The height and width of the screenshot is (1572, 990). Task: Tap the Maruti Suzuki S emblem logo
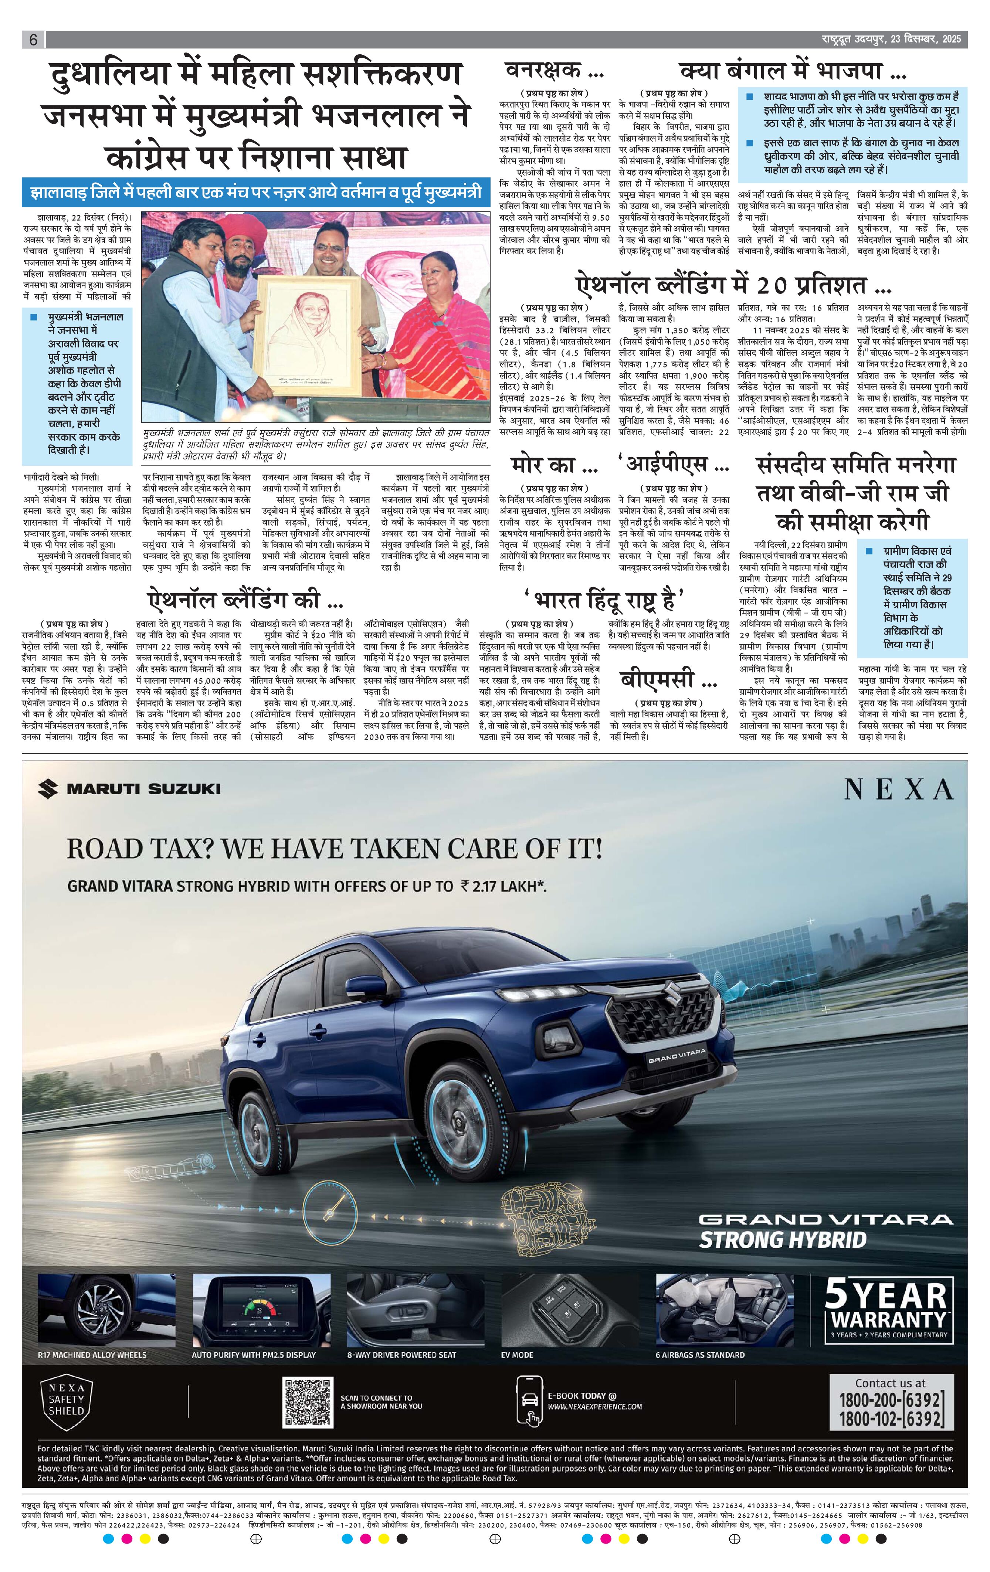pyautogui.click(x=48, y=788)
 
